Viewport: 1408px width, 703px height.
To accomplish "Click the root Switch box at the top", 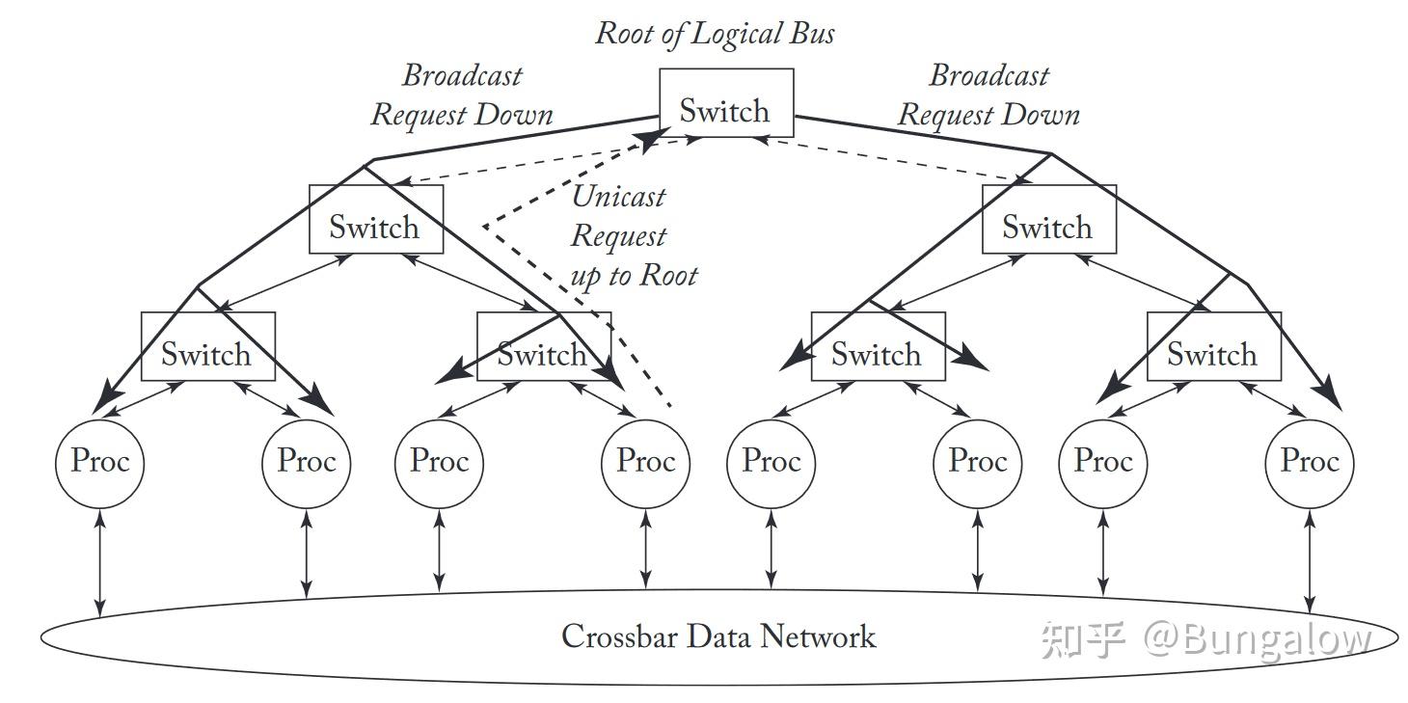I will click(x=725, y=103).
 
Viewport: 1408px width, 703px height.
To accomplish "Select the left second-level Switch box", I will click(x=375, y=220).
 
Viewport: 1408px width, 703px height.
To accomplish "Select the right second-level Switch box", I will click(x=1048, y=220).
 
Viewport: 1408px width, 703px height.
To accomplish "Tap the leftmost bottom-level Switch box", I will click(x=207, y=346).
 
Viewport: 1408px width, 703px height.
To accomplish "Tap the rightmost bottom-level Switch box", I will click(x=1213, y=346).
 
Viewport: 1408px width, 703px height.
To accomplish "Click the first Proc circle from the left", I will click(x=99, y=461).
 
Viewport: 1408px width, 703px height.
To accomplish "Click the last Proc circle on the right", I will click(x=1309, y=461).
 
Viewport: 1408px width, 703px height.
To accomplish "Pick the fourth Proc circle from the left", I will click(x=645, y=461).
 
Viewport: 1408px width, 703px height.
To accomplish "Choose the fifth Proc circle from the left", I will click(x=771, y=461).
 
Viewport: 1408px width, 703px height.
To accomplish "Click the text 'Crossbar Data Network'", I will click(x=718, y=636).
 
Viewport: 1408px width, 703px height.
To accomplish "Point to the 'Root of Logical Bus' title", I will click(x=715, y=33).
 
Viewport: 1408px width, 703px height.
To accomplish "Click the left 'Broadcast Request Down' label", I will click(x=462, y=95).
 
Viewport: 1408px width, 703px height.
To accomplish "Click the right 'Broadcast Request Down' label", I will click(x=988, y=95).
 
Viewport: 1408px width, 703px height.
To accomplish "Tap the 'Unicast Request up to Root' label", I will click(x=632, y=236).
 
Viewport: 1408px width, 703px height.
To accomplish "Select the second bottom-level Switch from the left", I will click(x=543, y=346).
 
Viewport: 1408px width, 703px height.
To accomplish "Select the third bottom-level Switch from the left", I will click(x=878, y=346).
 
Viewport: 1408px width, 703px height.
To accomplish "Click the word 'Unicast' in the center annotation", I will click(x=618, y=197).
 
